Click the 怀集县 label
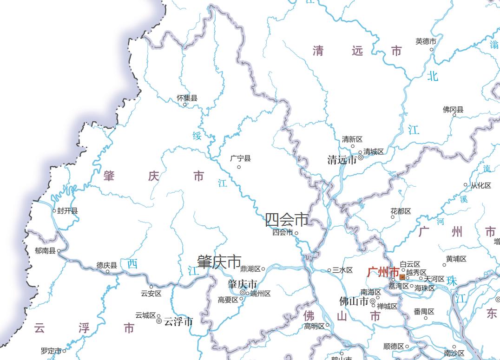click(x=187, y=98)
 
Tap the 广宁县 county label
click(x=240, y=158)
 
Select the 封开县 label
click(x=67, y=211)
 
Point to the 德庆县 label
click(x=106, y=265)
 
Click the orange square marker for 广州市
click(x=402, y=277)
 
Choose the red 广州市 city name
click(x=382, y=272)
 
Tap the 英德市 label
click(x=426, y=41)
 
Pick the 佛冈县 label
click(x=453, y=110)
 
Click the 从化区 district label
click(x=480, y=185)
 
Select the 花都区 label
click(x=401, y=211)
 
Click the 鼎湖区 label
click(x=250, y=269)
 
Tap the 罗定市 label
click(x=51, y=351)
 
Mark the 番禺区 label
click(x=424, y=312)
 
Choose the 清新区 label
click(x=352, y=139)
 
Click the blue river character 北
click(x=433, y=76)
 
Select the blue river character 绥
click(x=197, y=136)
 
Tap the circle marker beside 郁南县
click(x=59, y=251)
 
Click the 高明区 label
click(x=314, y=326)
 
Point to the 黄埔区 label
click(x=456, y=259)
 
